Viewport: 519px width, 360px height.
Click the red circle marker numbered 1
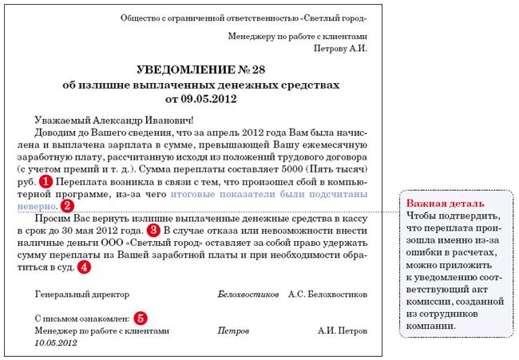pyautogui.click(x=46, y=181)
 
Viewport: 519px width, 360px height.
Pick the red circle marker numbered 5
pyautogui.click(x=141, y=318)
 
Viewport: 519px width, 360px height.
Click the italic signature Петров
pyautogui.click(x=231, y=330)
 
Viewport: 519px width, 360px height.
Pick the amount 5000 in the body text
pyautogui.click(x=291, y=169)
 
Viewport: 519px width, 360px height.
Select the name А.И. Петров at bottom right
pyautogui.click(x=343, y=330)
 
